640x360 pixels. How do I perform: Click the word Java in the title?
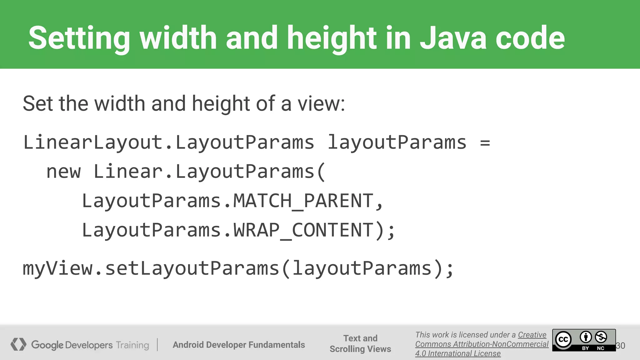(x=453, y=38)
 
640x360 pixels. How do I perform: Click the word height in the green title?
(x=332, y=38)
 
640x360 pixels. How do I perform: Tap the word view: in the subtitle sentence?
(x=321, y=104)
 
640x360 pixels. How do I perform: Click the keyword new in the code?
(x=63, y=172)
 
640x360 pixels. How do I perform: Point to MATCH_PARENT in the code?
(x=303, y=201)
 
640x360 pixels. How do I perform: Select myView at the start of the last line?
(x=57, y=268)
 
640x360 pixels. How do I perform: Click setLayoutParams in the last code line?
(x=192, y=268)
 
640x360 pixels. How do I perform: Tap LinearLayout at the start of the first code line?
(x=93, y=142)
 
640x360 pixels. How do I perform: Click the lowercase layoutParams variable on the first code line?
(x=397, y=142)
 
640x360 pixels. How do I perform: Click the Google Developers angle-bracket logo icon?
(x=18, y=344)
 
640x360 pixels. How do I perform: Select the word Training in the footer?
(x=132, y=345)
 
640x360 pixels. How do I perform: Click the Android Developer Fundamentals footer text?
(x=239, y=345)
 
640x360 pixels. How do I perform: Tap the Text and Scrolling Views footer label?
(x=360, y=343)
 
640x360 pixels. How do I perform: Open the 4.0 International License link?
(x=458, y=353)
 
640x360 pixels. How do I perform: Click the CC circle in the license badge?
(x=563, y=340)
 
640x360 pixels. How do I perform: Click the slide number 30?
(x=621, y=346)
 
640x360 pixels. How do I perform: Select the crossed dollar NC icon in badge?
(x=601, y=337)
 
